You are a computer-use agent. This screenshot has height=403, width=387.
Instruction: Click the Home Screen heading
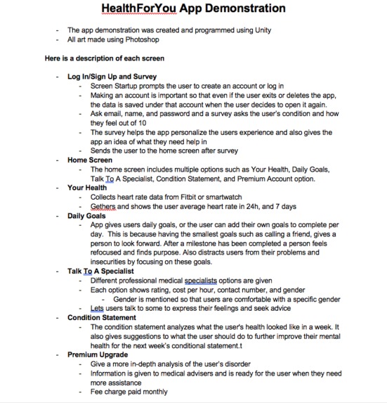pyautogui.click(x=90, y=160)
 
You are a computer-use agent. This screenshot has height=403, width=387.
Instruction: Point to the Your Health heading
pyautogui.click(x=87, y=188)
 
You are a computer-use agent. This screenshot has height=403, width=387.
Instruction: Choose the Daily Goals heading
pyautogui.click(x=86, y=216)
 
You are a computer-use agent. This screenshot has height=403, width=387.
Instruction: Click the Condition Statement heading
pyautogui.click(x=102, y=318)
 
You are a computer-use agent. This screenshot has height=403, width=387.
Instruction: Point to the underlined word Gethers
pyautogui.click(x=103, y=207)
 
